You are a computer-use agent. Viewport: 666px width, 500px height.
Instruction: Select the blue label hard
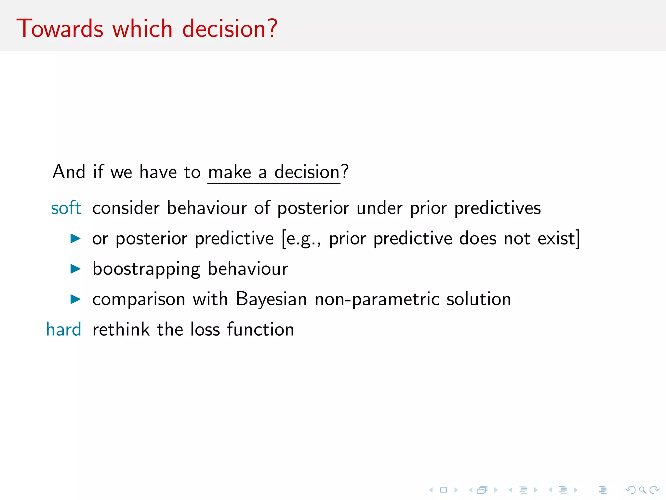(64, 329)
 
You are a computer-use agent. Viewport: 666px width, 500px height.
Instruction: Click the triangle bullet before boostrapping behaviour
(75, 269)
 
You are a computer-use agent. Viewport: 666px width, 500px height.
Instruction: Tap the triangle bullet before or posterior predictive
(75, 238)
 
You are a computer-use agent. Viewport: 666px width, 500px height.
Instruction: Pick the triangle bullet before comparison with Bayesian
(75, 299)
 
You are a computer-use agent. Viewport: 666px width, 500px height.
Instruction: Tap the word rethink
(121, 329)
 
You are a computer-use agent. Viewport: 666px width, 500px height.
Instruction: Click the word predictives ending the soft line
(497, 208)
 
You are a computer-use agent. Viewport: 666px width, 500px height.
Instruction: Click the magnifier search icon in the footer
(642, 490)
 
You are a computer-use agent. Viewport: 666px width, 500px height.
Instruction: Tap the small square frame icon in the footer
(443, 490)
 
